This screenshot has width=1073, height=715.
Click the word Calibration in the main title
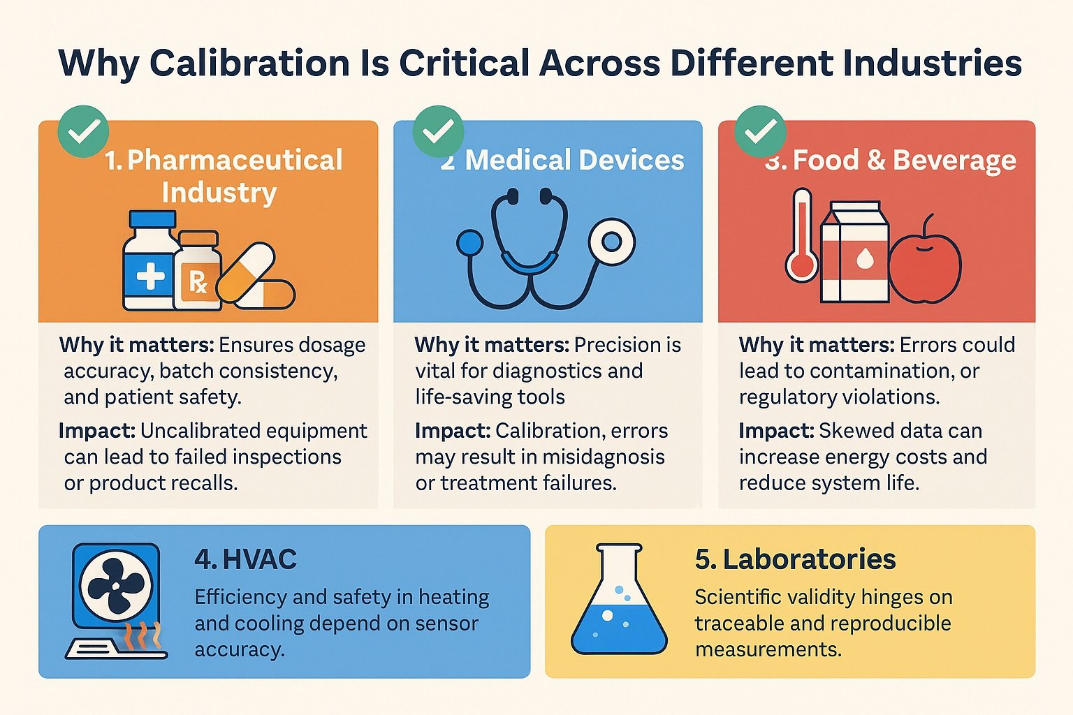tap(249, 64)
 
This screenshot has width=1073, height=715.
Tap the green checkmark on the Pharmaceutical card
tap(83, 131)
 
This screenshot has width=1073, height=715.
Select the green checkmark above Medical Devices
tap(438, 131)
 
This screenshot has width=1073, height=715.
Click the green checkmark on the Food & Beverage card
tap(761, 131)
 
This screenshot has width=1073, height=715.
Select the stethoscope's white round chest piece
tap(611, 242)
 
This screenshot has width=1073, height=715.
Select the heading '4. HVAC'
tap(245, 559)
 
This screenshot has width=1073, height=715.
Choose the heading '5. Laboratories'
tap(795, 559)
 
